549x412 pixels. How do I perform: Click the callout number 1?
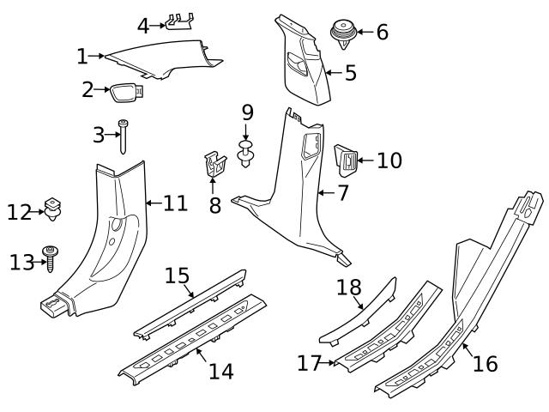81,57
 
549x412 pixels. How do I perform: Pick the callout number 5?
350,73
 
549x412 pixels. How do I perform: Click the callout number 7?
342,193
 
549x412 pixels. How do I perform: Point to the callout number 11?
175,203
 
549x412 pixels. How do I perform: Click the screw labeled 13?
53,256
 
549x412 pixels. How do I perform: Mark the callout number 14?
220,371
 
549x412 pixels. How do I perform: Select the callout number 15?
177,276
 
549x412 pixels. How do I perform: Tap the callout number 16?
485,363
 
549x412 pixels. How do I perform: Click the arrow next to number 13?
38,262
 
